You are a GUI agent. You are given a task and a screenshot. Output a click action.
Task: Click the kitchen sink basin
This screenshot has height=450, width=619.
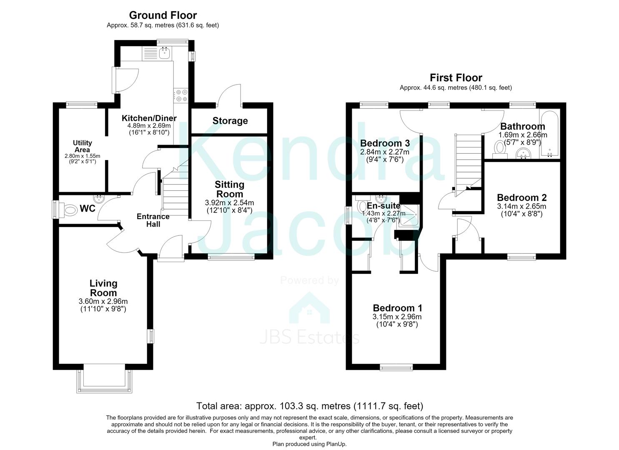tap(165, 53)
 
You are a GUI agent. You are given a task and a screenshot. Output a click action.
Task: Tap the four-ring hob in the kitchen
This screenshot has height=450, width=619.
tap(181, 95)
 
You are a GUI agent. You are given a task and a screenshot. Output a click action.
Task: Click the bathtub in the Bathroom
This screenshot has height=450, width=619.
tap(550, 135)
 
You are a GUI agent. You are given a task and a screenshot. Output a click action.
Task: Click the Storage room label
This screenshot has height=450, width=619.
tap(230, 121)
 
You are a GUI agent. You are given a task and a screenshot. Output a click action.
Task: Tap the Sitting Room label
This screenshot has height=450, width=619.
tap(229, 189)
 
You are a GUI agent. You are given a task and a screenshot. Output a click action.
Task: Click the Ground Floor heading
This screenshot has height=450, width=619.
tap(163, 15)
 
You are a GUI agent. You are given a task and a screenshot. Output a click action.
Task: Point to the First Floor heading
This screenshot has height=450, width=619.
tap(456, 77)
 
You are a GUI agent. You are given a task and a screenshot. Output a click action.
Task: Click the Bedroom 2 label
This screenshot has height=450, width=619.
tap(522, 197)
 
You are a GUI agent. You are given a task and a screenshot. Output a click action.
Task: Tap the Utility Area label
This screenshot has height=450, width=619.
tap(83, 146)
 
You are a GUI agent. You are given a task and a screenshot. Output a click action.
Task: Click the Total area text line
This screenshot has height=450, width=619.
tap(309, 406)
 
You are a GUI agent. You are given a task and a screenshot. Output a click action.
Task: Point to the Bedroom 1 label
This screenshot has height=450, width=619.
tap(397, 308)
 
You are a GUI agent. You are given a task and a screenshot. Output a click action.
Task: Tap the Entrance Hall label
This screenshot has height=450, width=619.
tap(153, 220)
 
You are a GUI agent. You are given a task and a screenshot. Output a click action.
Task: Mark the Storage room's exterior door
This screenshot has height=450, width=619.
tap(229, 95)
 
